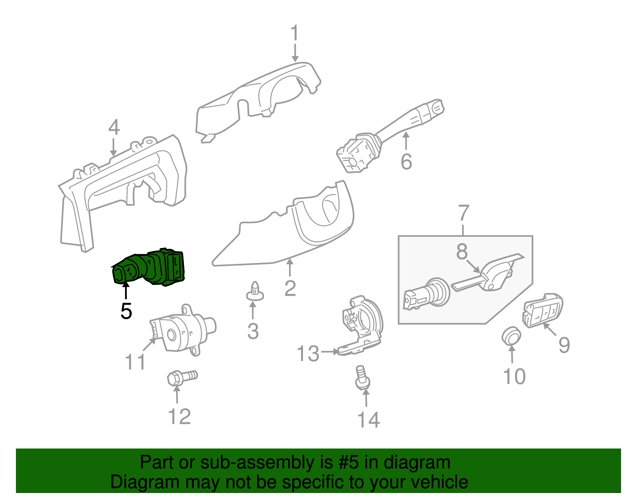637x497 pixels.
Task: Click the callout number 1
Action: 295,33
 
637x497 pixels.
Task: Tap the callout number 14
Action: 369,420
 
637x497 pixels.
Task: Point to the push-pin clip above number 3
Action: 255,291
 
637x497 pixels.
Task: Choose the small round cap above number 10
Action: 511,335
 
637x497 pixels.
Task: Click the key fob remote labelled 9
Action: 542,310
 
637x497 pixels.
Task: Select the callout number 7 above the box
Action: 463,213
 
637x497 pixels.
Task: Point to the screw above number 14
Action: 363,378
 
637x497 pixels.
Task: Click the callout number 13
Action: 308,353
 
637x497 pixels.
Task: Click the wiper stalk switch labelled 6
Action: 390,136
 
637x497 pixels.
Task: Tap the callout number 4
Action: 114,127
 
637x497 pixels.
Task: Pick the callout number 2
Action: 290,288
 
